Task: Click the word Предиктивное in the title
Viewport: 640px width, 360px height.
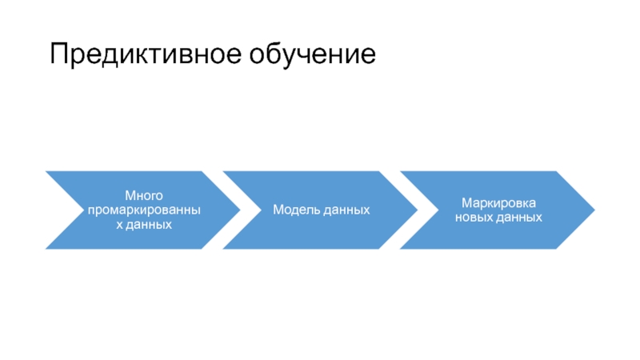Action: click(x=146, y=54)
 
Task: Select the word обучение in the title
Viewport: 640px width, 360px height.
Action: click(x=312, y=54)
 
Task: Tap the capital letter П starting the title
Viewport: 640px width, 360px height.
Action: click(x=58, y=54)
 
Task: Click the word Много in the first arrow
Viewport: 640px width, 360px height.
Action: click(x=144, y=195)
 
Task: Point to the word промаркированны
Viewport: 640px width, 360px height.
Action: click(x=144, y=210)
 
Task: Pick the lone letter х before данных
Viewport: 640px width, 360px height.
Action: click(x=119, y=225)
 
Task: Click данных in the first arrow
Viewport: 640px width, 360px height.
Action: click(x=149, y=225)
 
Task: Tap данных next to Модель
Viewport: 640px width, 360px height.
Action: click(x=346, y=210)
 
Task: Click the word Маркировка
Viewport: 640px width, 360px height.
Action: click(x=498, y=203)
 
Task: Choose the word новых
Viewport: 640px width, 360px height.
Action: click(x=474, y=218)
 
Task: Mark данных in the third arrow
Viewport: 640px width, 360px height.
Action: click(x=518, y=218)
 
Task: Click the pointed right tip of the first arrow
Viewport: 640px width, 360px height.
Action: click(x=240, y=210)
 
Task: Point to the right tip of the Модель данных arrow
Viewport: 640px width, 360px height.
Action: click(x=417, y=210)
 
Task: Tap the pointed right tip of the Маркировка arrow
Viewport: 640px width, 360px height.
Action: click(x=594, y=210)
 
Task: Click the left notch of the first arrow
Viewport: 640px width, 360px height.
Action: click(x=84, y=210)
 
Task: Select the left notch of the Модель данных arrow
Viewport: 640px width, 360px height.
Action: click(x=261, y=210)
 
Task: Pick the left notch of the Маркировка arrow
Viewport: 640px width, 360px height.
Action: click(x=438, y=210)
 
